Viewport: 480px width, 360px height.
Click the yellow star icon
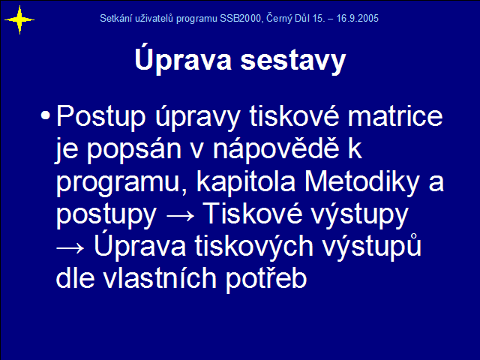pyautogui.click(x=19, y=20)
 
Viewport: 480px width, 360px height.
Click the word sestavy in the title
pyautogui.click(x=293, y=61)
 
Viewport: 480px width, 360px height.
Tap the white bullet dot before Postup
pyautogui.click(x=45, y=115)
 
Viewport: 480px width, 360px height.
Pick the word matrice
pyautogui.click(x=395, y=115)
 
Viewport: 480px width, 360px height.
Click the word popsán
pyautogui.click(x=134, y=150)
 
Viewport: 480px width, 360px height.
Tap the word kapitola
pyautogui.click(x=246, y=182)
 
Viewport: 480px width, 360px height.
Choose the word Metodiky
pyautogui.click(x=361, y=182)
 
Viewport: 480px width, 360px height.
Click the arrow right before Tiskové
pyautogui.click(x=180, y=215)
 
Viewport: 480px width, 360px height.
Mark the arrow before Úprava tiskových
pyautogui.click(x=70, y=248)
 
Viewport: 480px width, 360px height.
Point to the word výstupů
pyautogui.click(x=372, y=247)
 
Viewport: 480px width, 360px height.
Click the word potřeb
pyautogui.click(x=266, y=279)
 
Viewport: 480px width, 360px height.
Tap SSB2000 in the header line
pyautogui.click(x=240, y=18)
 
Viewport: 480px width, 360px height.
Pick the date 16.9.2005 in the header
pyautogui.click(x=357, y=18)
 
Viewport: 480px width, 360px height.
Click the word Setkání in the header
pyautogui.click(x=114, y=18)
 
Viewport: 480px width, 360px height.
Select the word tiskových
pyautogui.click(x=253, y=247)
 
